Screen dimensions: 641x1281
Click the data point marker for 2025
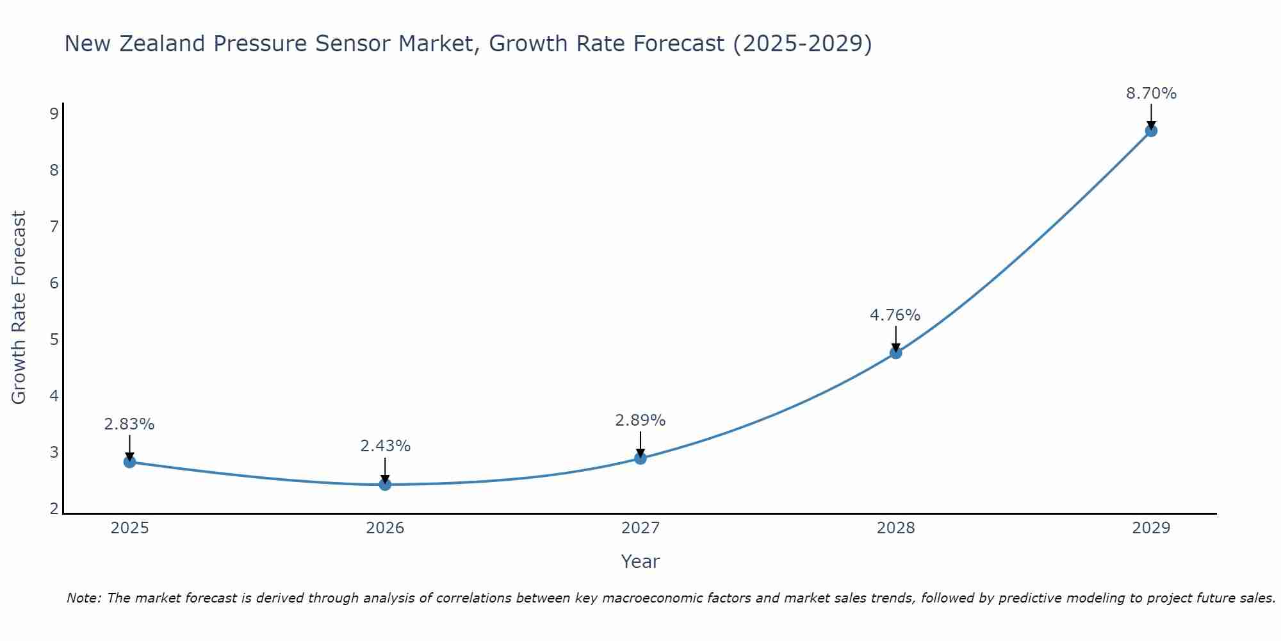click(129, 462)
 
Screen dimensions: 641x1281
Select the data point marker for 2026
click(385, 484)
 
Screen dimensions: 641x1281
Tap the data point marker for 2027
click(640, 458)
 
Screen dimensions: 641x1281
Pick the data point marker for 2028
click(895, 353)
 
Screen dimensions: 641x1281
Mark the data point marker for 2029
click(1151, 131)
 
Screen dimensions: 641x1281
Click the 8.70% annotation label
click(1151, 94)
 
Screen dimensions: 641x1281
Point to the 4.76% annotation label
click(895, 315)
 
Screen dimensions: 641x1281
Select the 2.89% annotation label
click(640, 420)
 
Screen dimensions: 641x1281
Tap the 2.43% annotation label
click(385, 446)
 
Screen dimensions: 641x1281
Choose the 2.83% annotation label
click(129, 424)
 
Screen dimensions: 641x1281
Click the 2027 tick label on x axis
click(640, 528)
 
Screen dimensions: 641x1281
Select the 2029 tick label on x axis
click(1151, 528)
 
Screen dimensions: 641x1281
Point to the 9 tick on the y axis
click(54, 114)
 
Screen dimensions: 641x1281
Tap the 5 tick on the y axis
click(54, 339)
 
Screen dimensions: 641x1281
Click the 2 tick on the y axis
click(54, 509)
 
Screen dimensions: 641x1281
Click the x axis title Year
click(640, 562)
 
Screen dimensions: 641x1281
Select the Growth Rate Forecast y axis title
click(19, 308)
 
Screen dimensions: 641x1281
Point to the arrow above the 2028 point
click(895, 338)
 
